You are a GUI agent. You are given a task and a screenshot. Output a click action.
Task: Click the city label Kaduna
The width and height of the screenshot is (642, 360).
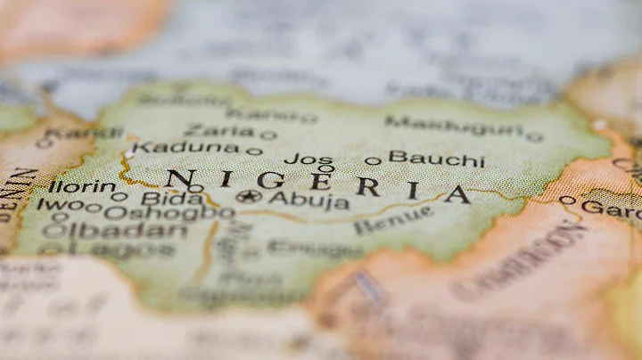click(185, 148)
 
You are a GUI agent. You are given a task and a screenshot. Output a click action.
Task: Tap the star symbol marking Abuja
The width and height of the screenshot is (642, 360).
click(249, 196)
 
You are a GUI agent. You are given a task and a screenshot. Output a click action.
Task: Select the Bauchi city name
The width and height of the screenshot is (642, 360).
click(437, 160)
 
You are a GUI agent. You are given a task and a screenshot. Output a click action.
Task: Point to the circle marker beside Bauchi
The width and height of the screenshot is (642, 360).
click(372, 161)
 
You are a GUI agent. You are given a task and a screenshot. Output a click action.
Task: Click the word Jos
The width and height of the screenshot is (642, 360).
click(309, 159)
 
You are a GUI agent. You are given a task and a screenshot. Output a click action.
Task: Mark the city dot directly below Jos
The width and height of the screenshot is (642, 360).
click(326, 168)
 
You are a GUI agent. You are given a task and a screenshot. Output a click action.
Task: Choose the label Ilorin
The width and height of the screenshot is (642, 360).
click(81, 187)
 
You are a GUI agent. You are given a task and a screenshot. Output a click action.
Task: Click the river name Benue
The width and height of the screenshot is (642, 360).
click(393, 220)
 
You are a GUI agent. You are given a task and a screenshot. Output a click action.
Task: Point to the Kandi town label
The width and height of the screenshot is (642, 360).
click(84, 134)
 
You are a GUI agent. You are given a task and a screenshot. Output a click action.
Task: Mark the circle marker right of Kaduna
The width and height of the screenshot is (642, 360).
click(254, 151)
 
